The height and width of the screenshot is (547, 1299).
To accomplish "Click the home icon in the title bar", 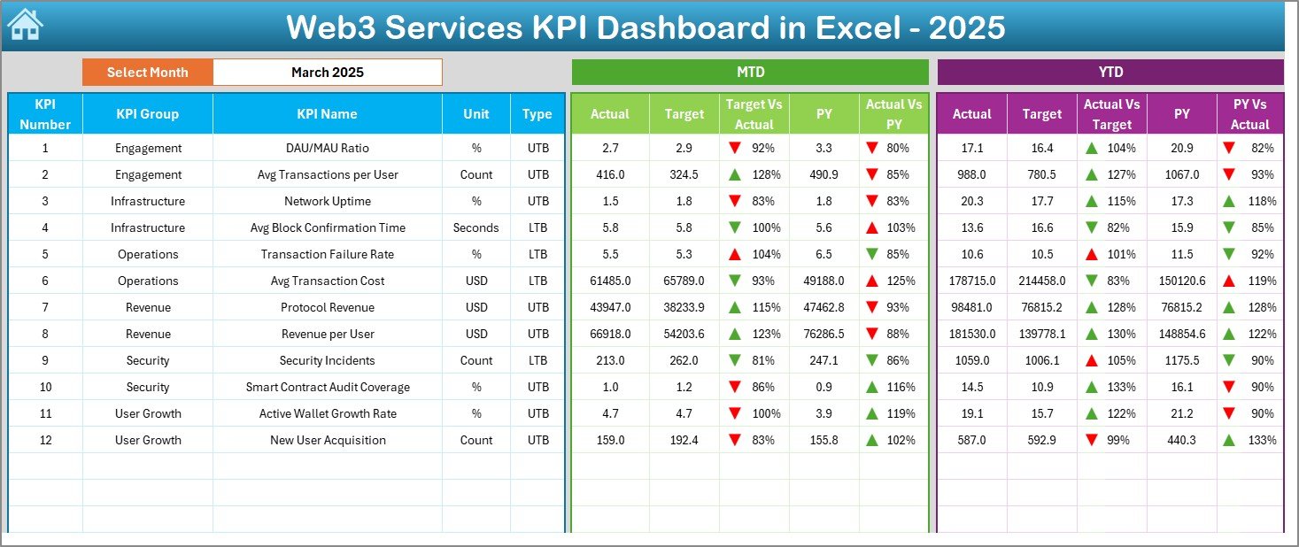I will pyautogui.click(x=25, y=26).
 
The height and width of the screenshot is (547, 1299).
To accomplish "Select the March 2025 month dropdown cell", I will pyautogui.click(x=327, y=73).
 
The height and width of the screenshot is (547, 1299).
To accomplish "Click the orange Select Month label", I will pyautogui.click(x=147, y=73).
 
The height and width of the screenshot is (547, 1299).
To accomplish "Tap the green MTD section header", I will pyautogui.click(x=750, y=73).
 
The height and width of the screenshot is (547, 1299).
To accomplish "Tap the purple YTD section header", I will pyautogui.click(x=1110, y=73).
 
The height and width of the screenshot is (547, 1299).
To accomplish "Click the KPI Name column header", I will pyautogui.click(x=327, y=113).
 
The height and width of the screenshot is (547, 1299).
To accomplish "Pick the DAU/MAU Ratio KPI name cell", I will pyautogui.click(x=327, y=148).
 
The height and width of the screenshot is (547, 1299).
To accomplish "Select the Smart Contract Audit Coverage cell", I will pyautogui.click(x=327, y=387).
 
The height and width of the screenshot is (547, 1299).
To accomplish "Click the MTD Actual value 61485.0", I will pyautogui.click(x=609, y=281).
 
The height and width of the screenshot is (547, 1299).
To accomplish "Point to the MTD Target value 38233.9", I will pyautogui.click(x=684, y=307).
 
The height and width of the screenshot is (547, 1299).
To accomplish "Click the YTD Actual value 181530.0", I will pyautogui.click(x=971, y=334).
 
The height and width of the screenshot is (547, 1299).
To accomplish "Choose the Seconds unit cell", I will pyautogui.click(x=476, y=227).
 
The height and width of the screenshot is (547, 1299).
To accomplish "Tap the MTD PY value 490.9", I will pyautogui.click(x=823, y=174).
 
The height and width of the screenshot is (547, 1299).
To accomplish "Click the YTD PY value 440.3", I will pyautogui.click(x=1181, y=440).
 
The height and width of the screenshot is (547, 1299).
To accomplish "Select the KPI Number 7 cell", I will pyautogui.click(x=45, y=307).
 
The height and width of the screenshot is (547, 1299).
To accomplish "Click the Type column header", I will pyautogui.click(x=537, y=113).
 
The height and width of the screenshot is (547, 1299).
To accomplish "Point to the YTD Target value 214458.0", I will pyautogui.click(x=1041, y=281).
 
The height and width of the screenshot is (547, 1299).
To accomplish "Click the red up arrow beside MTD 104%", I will pyautogui.click(x=734, y=254).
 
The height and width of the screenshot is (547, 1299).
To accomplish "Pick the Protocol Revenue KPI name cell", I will pyautogui.click(x=327, y=307).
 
